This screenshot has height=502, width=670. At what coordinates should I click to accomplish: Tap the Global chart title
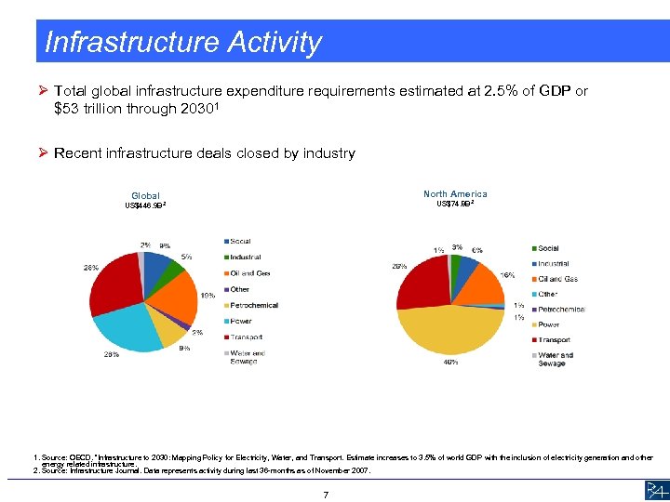(x=145, y=196)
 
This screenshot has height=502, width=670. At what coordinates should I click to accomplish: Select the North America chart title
(x=455, y=194)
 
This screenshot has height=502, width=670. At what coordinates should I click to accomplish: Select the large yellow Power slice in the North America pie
(x=447, y=329)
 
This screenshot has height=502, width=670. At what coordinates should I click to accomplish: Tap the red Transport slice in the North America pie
(x=421, y=283)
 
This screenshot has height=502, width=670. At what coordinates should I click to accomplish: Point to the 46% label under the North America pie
(x=449, y=363)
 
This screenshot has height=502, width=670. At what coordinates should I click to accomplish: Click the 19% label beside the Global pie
(x=209, y=296)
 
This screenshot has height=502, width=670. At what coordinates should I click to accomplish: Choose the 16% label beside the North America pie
(x=507, y=275)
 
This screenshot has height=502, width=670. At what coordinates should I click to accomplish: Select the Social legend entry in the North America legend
(x=547, y=248)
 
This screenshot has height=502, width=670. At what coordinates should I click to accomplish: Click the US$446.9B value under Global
(x=145, y=205)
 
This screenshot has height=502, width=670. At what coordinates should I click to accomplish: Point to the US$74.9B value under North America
(x=455, y=204)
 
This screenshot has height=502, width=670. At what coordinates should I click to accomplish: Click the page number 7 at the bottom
(x=325, y=494)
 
